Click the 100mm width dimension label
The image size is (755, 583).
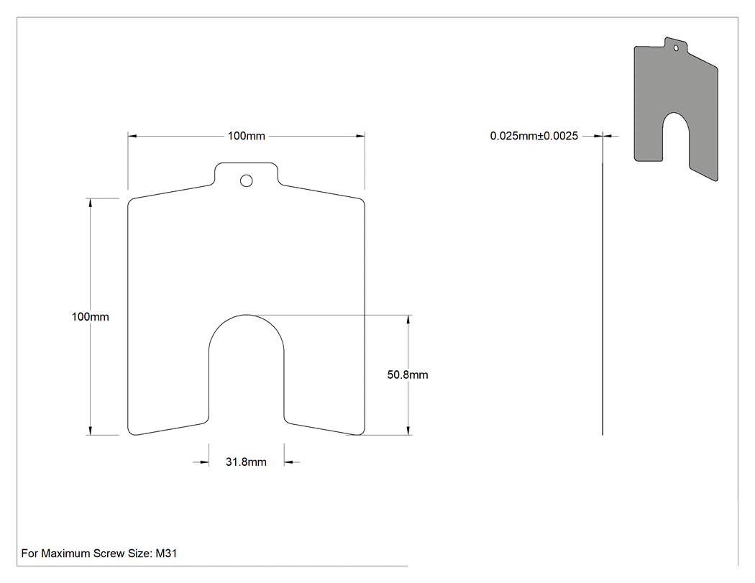(x=246, y=137)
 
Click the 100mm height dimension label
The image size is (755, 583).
(x=90, y=317)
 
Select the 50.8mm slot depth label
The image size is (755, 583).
(x=408, y=375)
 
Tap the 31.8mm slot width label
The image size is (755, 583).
(x=246, y=462)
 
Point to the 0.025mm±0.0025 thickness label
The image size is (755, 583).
(x=534, y=137)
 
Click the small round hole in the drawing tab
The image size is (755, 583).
(x=246, y=180)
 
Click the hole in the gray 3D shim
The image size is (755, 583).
(x=676, y=48)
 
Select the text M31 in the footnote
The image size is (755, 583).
(x=166, y=554)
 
